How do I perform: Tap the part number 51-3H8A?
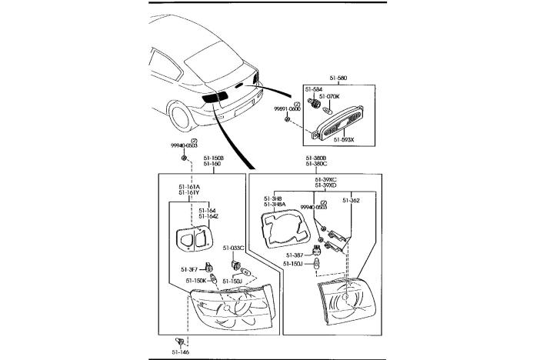(x=275, y=205)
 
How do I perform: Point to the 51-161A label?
(x=189, y=186)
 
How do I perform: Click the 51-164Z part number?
(x=208, y=216)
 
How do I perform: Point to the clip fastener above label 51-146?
(x=179, y=341)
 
